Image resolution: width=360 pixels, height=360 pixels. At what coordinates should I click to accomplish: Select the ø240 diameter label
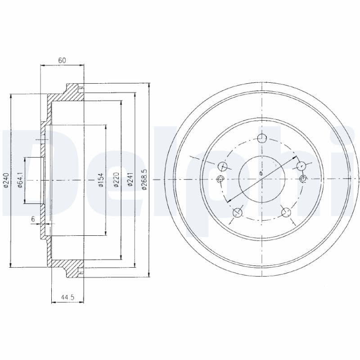tap(5, 180)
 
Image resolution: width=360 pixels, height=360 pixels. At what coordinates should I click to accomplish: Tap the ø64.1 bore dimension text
tap(20, 180)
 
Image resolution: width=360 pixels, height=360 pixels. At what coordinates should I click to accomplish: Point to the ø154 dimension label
tap(101, 180)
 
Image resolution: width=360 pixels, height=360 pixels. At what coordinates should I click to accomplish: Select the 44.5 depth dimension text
tap(67, 297)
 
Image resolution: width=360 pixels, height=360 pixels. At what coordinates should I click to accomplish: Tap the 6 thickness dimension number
tap(33, 219)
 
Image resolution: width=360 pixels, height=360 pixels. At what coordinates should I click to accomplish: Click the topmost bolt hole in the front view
tap(261, 139)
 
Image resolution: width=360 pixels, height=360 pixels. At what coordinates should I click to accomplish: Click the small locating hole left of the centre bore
tap(220, 180)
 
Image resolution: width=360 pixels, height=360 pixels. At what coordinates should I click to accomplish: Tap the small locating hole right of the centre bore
tap(303, 180)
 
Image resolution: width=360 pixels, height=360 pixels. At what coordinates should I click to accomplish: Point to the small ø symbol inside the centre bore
tap(261, 174)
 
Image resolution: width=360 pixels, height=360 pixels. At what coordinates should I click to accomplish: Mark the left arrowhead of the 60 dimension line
tap(43, 66)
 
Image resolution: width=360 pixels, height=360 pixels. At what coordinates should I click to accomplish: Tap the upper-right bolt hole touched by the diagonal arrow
tap(301, 166)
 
